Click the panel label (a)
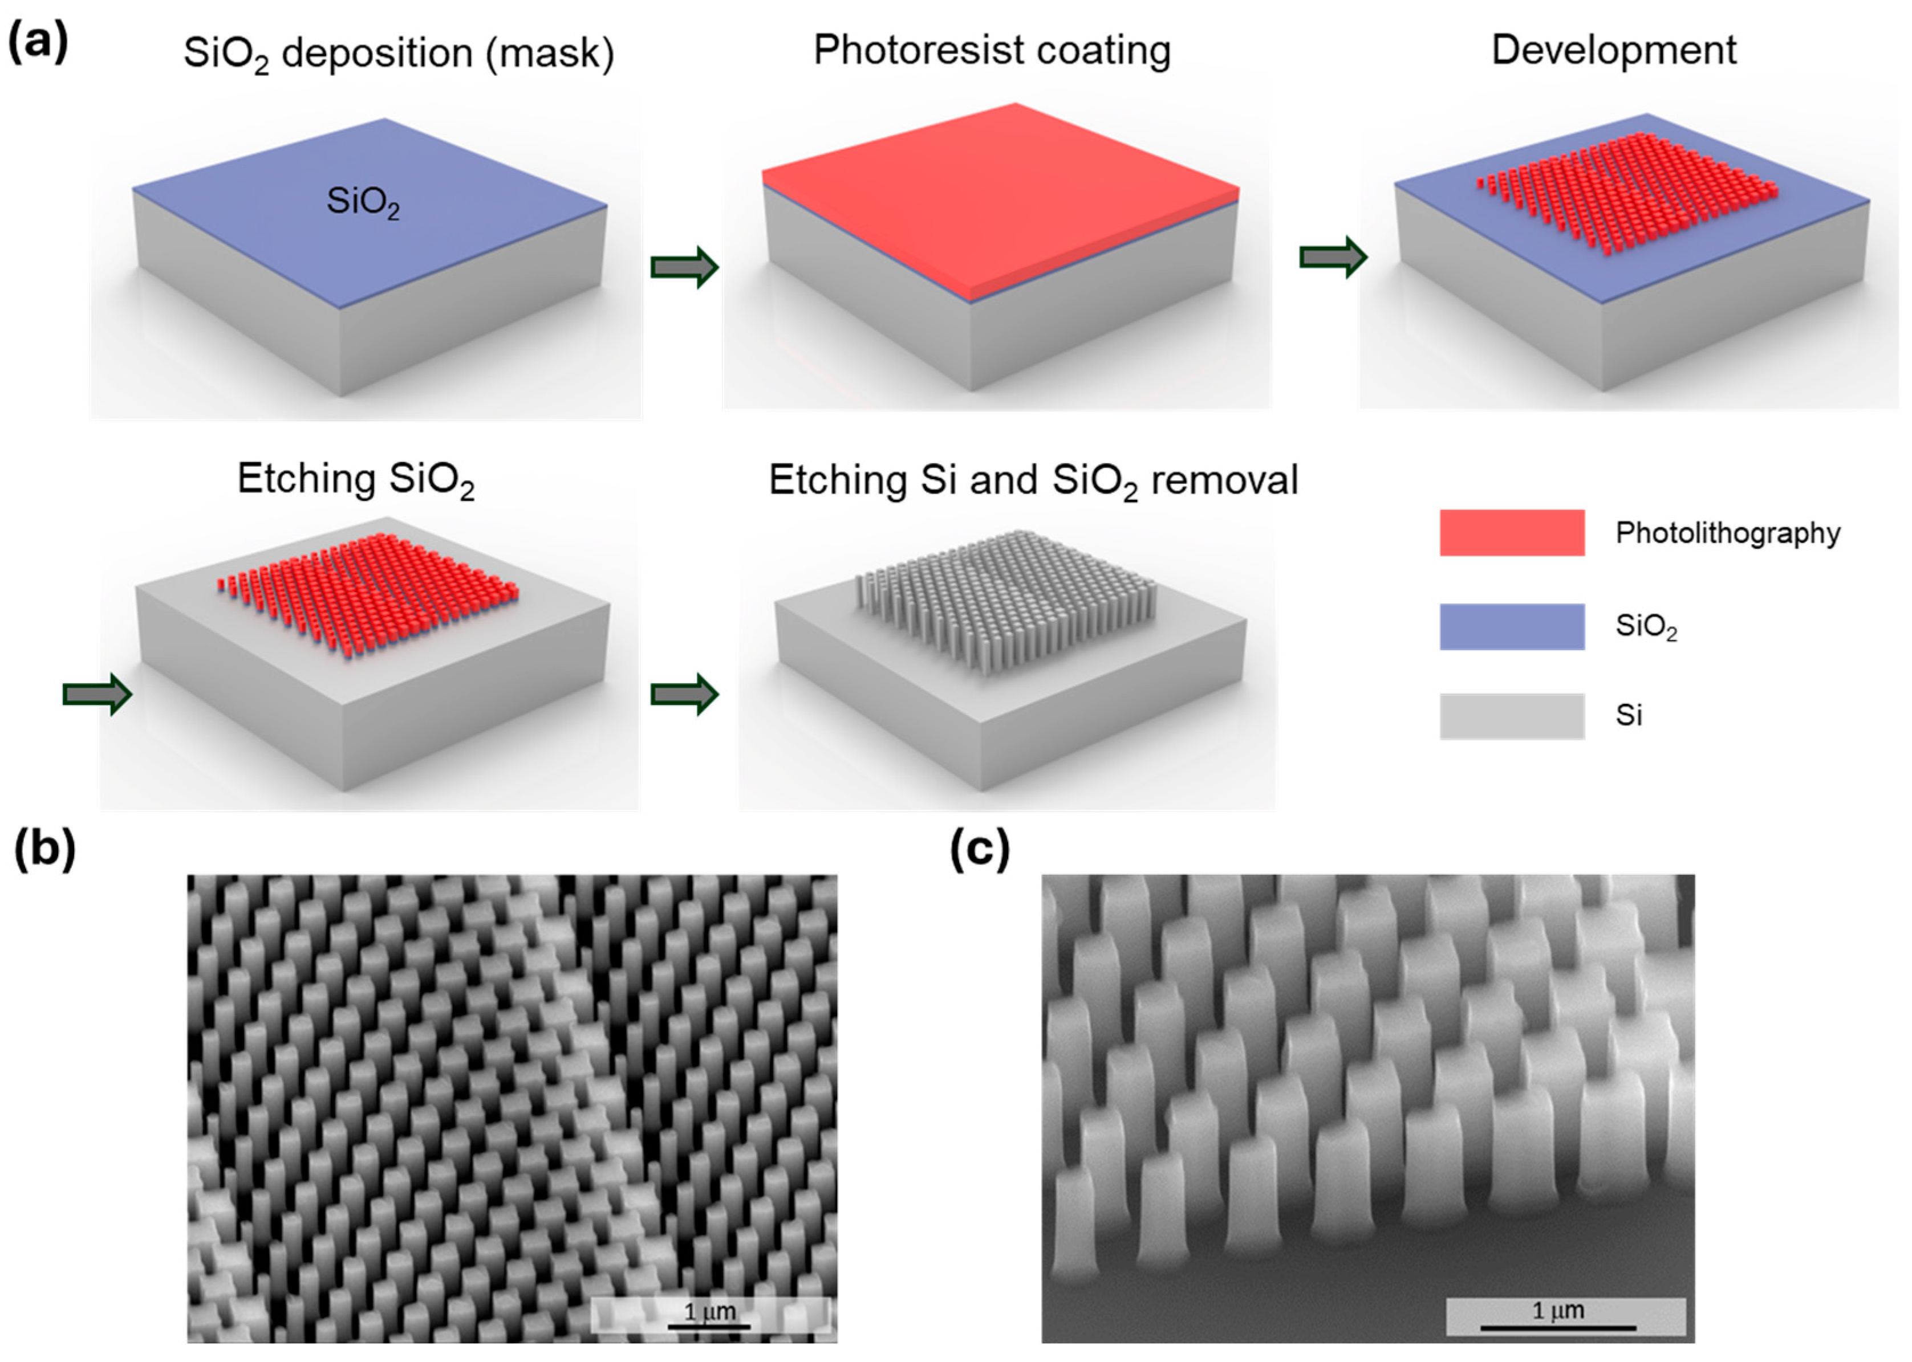[x=38, y=42]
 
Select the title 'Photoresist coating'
[x=992, y=50]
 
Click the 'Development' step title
[x=1613, y=50]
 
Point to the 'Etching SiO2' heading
[x=356, y=480]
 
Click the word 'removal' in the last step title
[x=1224, y=480]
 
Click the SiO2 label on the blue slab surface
[x=363, y=202]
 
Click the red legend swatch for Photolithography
[x=1512, y=533]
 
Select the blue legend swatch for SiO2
[x=1512, y=626]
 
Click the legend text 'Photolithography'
[x=1727, y=533]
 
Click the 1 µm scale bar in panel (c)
[x=1558, y=1317]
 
